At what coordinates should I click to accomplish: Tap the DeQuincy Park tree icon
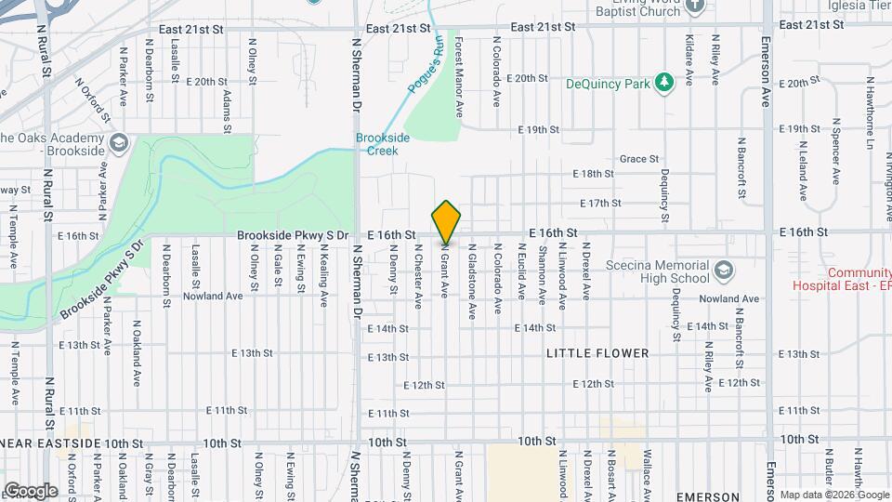663,83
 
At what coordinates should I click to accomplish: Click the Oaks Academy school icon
118,142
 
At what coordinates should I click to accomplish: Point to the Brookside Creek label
383,143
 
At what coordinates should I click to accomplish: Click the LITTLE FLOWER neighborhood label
597,353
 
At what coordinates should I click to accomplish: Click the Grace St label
638,159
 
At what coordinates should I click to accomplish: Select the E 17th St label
599,203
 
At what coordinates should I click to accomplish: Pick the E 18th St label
594,174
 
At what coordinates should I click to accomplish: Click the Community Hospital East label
841,280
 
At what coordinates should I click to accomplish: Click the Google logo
30,490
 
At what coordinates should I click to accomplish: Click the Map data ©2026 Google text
833,495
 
